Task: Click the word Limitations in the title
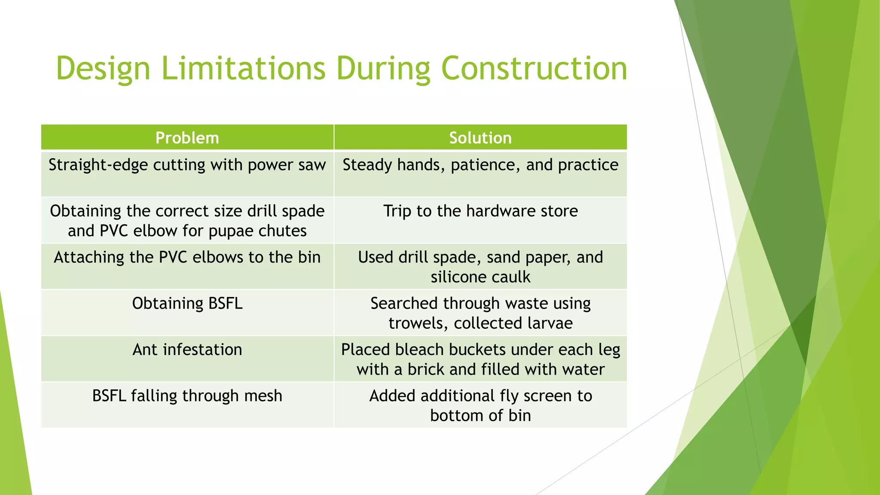click(243, 69)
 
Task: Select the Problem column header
click(187, 138)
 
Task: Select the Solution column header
click(480, 138)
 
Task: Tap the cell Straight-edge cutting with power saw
click(187, 165)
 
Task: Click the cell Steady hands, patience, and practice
click(480, 165)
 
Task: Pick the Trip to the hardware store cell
click(480, 211)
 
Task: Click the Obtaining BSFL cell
click(187, 304)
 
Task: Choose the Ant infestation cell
click(187, 350)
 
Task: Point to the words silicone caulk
click(480, 277)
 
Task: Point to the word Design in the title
click(103, 69)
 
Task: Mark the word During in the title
click(382, 69)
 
